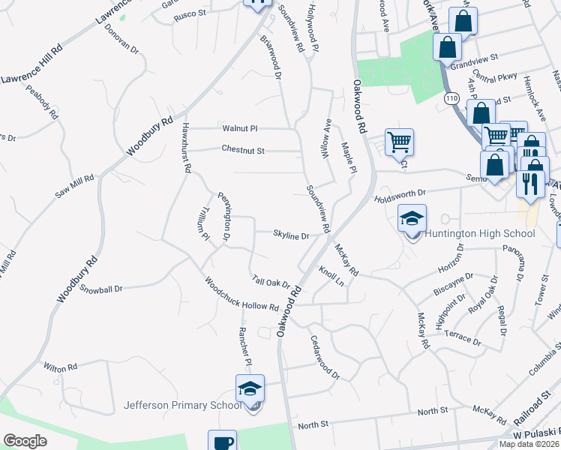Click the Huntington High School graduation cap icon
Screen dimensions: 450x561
(412, 219)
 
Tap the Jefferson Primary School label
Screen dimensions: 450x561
(183, 406)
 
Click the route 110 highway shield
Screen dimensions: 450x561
(451, 98)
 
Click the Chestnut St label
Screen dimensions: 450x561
(243, 150)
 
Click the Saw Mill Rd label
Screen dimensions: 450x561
(74, 187)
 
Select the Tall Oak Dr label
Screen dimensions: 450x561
(271, 281)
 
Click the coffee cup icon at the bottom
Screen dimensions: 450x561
(222, 442)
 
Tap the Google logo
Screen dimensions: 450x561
(25, 441)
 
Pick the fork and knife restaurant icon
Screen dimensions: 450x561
(530, 184)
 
